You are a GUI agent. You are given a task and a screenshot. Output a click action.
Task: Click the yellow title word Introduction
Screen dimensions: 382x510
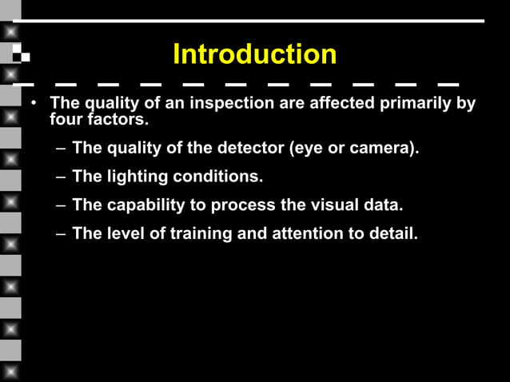254,54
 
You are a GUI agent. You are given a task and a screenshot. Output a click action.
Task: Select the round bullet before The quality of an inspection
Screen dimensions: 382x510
33,105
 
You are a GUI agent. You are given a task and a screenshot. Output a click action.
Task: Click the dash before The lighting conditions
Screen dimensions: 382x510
62,177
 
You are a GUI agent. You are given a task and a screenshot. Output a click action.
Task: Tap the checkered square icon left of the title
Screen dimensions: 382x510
22,55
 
